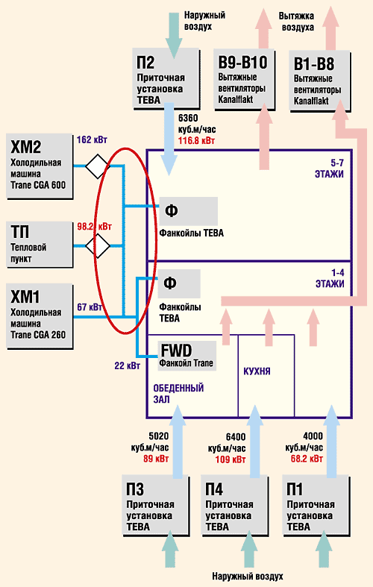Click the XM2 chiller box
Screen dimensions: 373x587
pyautogui.click(x=40, y=166)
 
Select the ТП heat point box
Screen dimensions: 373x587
pyautogui.click(x=40, y=245)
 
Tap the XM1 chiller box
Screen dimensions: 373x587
pyautogui.click(x=40, y=316)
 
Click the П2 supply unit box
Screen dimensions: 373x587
pyautogui.click(x=166, y=79)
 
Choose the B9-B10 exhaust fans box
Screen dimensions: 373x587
pyautogui.click(x=245, y=80)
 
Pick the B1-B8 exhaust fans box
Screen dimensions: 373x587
pyautogui.click(x=320, y=81)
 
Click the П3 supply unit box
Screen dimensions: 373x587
pyautogui.click(x=156, y=506)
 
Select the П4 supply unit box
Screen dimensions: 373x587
pyautogui.click(x=235, y=506)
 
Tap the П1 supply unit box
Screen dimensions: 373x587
pyautogui.click(x=316, y=506)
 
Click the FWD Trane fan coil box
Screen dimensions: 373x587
pyautogui.click(x=187, y=356)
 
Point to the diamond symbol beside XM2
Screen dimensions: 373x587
pyautogui.click(x=98, y=166)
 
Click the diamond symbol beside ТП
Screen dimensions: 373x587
pyautogui.click(x=98, y=246)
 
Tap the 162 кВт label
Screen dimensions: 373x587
pyautogui.click(x=92, y=140)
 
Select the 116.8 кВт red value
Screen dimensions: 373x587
pyautogui.click(x=196, y=141)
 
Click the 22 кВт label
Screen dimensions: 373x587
pyautogui.click(x=128, y=365)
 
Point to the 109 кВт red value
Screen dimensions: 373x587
pyautogui.click(x=231, y=459)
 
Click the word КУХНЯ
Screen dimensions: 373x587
pyautogui.click(x=257, y=371)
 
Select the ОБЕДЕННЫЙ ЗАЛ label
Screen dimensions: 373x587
pyautogui.click(x=178, y=394)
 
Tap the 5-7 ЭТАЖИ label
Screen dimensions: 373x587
pyautogui.click(x=330, y=169)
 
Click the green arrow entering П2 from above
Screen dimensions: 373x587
pyautogui.click(x=173, y=35)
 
